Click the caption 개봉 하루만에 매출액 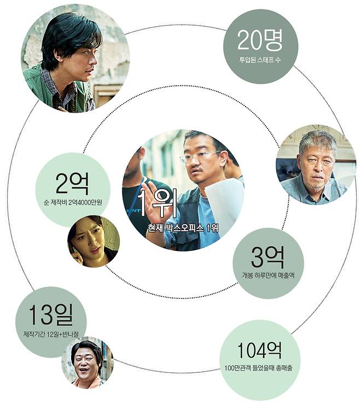click(x=268, y=276)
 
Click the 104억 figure click(x=260, y=350)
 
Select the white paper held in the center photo click(x=224, y=202)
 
